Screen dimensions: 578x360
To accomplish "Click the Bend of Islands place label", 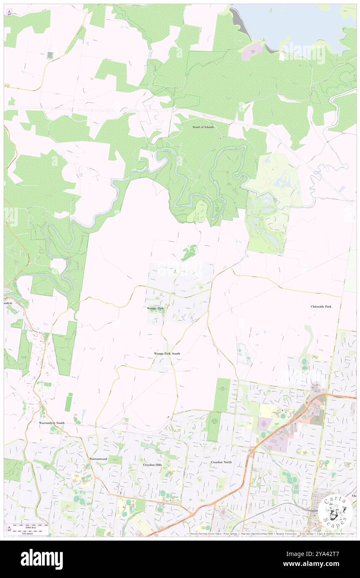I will coord(203,127).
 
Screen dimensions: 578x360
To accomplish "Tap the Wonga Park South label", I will coord(167,353).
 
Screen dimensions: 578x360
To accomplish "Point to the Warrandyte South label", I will coord(52,423).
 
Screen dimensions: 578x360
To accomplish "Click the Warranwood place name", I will coord(98,459).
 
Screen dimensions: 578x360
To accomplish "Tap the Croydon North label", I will coord(221,462).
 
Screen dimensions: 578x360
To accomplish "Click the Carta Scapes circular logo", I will coord(335,512).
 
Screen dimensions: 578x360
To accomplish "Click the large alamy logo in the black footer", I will coord(42,559).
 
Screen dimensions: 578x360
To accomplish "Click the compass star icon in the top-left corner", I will coord(9,13).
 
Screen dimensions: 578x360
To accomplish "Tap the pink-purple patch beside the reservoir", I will coord(253,52).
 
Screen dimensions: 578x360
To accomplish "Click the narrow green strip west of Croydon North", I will coord(213,426).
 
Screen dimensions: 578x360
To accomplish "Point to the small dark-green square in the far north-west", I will coord(50,55).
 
